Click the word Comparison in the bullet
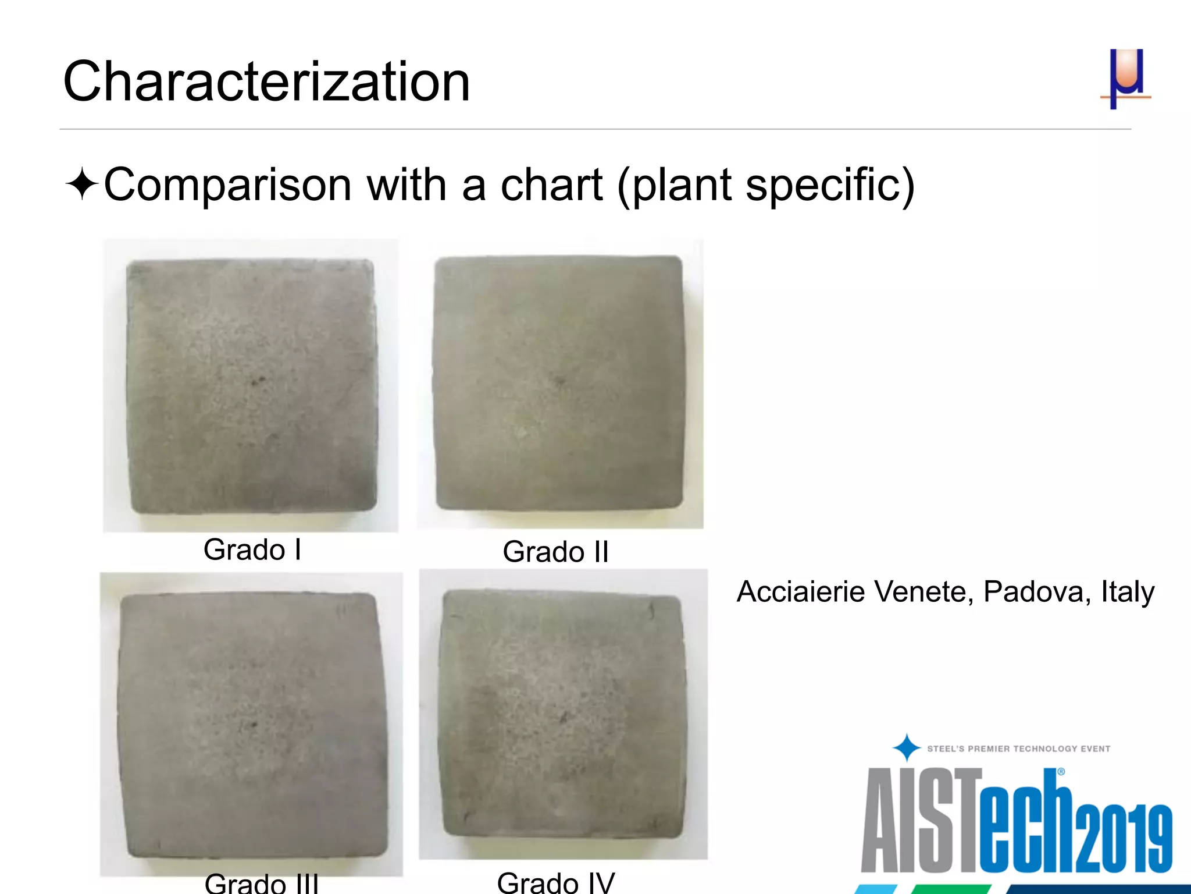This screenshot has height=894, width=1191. pos(227,185)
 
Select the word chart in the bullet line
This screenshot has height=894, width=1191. pos(551,185)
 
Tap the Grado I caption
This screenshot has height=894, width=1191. pos(252,549)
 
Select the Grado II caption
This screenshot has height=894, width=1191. pos(555,552)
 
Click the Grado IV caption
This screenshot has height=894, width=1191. pos(555,882)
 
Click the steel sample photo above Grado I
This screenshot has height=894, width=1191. pos(251,385)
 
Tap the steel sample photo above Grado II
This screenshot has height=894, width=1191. pos(559,384)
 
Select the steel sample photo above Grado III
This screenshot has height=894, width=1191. pos(251,723)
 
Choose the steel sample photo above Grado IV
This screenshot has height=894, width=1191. pos(563,714)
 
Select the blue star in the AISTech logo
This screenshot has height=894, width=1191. pos(906,748)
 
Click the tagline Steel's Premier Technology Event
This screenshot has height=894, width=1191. pos(1018,749)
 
